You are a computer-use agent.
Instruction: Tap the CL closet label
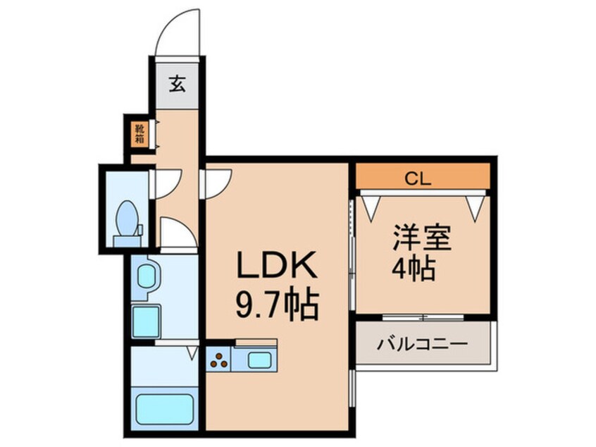click(422, 178)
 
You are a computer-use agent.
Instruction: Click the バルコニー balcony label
click(422, 344)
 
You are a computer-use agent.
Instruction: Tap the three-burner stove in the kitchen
click(220, 361)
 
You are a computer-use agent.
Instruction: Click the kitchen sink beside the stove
click(259, 361)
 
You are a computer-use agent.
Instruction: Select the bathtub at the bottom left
click(164, 409)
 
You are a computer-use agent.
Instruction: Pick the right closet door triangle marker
click(476, 204)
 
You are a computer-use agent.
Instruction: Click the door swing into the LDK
click(217, 182)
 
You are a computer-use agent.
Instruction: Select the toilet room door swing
click(168, 182)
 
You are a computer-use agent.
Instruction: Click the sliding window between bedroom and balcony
click(422, 317)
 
